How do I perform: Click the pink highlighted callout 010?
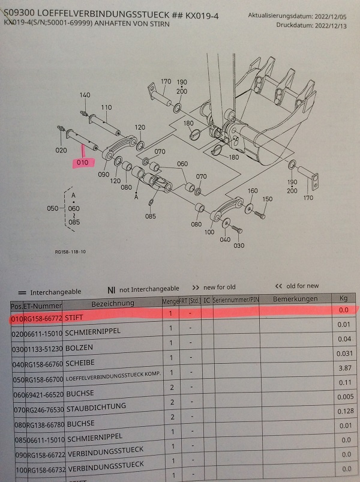pyautogui.click(x=82, y=163)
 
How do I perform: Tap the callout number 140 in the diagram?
pyautogui.click(x=85, y=95)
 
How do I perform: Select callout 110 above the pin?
pyautogui.click(x=106, y=107)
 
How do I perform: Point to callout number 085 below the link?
pyautogui.click(x=150, y=216)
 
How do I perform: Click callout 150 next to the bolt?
pyautogui.click(x=267, y=199)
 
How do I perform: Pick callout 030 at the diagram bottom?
pyautogui.click(x=239, y=245)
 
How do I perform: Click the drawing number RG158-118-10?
pyautogui.click(x=70, y=252)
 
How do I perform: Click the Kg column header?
pyautogui.click(x=343, y=298)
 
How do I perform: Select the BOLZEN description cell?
pyautogui.click(x=79, y=347)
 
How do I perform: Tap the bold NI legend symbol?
pyautogui.click(x=111, y=289)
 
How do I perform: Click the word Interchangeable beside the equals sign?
pyautogui.click(x=55, y=291)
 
